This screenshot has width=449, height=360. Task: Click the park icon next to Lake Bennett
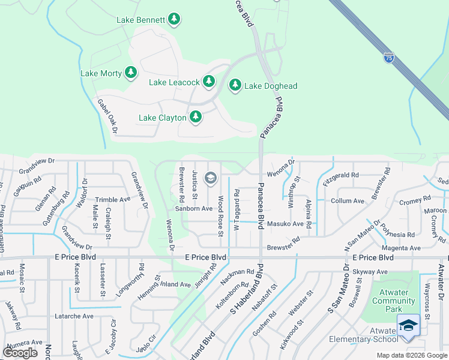coord(174,19)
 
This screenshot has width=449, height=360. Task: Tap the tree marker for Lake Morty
coord(131,73)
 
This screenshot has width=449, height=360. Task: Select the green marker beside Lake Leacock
coord(208,81)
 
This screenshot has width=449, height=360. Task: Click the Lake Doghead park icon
coord(235,86)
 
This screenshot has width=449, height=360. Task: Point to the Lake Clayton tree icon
coord(195,117)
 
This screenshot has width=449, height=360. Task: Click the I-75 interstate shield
coord(389,58)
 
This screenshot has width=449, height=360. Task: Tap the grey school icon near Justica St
coord(210,177)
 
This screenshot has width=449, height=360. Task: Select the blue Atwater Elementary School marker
coord(408,326)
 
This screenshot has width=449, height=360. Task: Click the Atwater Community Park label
coord(393,301)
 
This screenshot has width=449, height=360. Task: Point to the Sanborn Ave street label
coord(193,209)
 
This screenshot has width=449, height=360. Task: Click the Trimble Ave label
coord(112,200)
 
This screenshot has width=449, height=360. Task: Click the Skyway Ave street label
coord(370,272)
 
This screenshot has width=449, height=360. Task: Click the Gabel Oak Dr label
coord(107,116)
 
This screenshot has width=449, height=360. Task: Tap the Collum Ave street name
coord(348,201)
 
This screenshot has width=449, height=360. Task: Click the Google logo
coord(20,353)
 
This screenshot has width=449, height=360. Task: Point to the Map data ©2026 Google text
coord(412,355)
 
